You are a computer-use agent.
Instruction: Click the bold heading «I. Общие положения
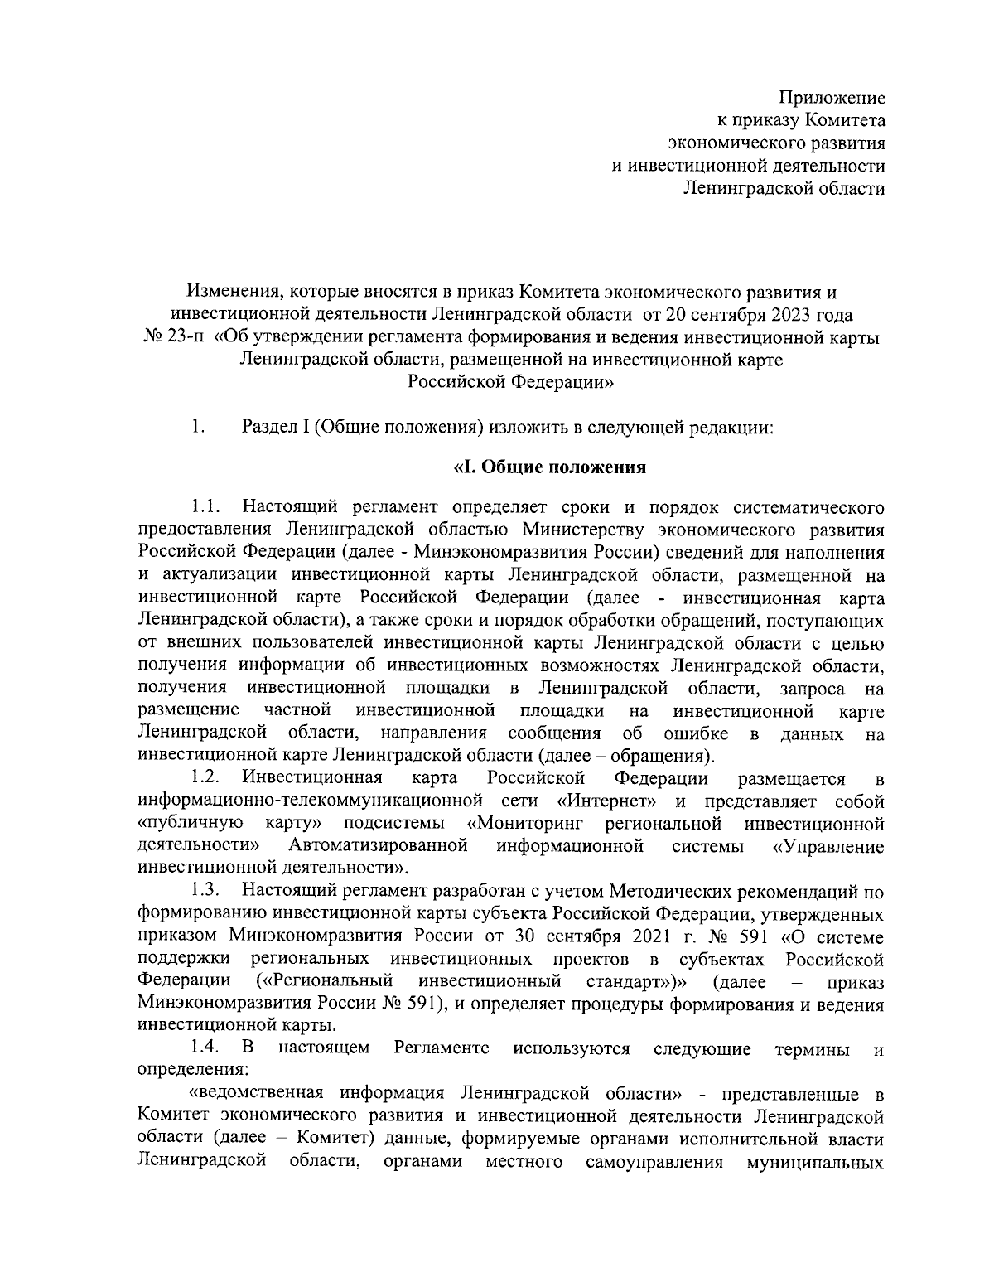(x=549, y=467)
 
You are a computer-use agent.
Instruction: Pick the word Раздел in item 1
(x=270, y=428)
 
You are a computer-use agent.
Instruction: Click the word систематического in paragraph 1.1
(x=801, y=506)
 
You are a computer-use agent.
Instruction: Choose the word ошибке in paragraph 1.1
(x=695, y=733)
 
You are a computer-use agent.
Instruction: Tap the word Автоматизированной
(x=379, y=846)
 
